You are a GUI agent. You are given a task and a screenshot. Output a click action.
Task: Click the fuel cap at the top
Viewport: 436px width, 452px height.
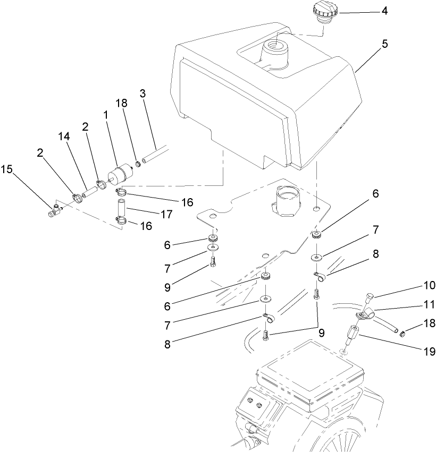point(324,12)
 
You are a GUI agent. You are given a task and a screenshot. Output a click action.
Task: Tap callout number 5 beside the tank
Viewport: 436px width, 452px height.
point(384,45)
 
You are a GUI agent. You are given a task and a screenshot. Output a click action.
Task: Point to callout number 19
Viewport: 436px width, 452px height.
point(423,351)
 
